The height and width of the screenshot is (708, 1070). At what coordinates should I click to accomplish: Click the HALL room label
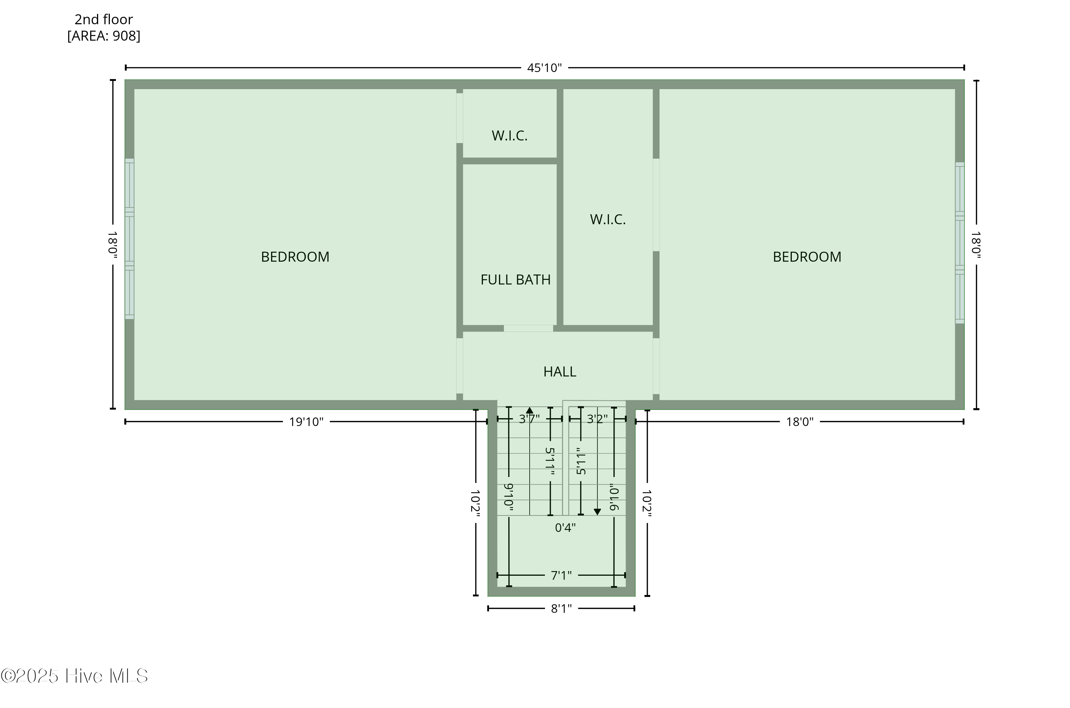click(x=560, y=371)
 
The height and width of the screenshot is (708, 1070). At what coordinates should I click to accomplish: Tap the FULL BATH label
click(x=515, y=280)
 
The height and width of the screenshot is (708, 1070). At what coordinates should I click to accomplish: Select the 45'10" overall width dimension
click(x=544, y=68)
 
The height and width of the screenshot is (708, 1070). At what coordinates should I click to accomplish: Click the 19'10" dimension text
click(x=306, y=422)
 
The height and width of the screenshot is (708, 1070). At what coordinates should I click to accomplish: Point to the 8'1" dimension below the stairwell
click(x=561, y=609)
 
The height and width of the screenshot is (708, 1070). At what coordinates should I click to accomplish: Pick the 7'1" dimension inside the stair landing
click(x=561, y=575)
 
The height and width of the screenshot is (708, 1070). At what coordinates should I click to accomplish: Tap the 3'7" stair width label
click(x=529, y=419)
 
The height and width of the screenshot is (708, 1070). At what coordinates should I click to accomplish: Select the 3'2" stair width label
click(x=597, y=419)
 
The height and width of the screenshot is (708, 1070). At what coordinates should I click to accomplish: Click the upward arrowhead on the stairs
click(x=529, y=410)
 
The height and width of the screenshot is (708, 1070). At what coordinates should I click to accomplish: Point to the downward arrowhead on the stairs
click(x=597, y=512)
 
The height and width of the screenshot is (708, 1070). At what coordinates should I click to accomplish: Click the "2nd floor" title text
click(x=103, y=19)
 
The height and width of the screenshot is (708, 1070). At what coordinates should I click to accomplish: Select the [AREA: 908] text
click(x=103, y=36)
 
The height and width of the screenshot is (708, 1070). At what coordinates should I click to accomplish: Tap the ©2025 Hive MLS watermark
click(x=75, y=676)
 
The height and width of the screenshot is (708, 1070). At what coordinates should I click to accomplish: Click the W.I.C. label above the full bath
click(x=509, y=135)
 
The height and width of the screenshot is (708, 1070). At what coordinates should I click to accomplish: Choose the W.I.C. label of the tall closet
click(x=607, y=220)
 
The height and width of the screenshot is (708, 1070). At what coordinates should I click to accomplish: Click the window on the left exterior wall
click(x=129, y=239)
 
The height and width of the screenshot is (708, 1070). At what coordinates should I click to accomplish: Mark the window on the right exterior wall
click(x=959, y=243)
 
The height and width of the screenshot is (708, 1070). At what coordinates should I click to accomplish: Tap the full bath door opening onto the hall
click(x=529, y=328)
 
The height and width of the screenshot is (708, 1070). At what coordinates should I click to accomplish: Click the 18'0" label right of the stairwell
click(x=799, y=422)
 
